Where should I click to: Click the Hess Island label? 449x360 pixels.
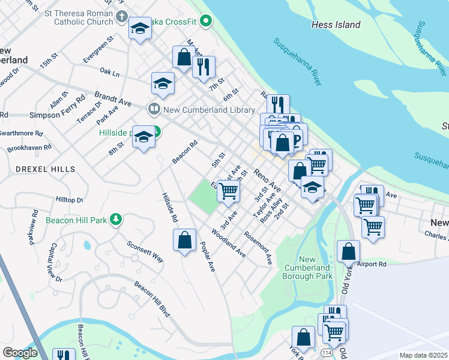click(x=336, y=25)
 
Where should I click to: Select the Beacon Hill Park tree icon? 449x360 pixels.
click(x=117, y=220)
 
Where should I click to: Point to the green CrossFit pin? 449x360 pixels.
click(x=206, y=23)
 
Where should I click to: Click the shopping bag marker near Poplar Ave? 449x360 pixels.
click(x=185, y=240)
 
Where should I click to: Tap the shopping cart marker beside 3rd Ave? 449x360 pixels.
click(x=228, y=191)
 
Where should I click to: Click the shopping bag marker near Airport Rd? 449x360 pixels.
click(x=348, y=251)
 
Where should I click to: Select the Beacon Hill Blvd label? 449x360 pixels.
click(x=152, y=298)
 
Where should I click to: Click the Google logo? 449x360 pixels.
click(x=20, y=353)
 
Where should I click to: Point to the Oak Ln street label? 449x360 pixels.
click(x=110, y=73)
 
